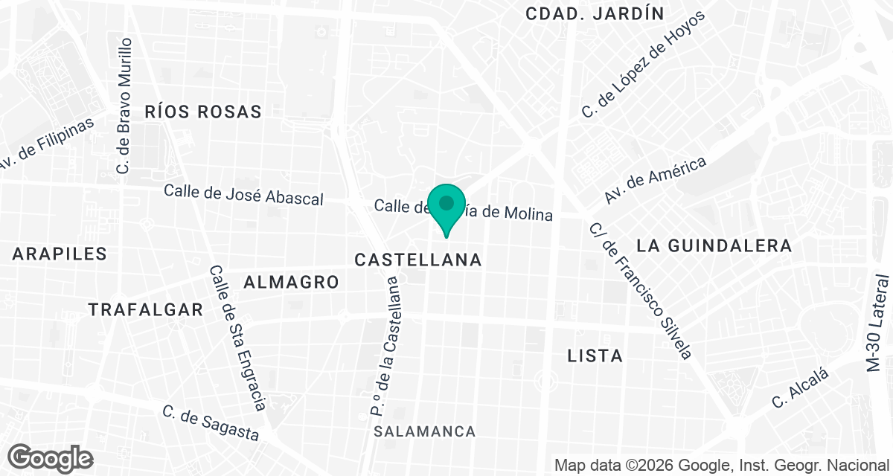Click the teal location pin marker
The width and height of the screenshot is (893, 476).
(x=446, y=206)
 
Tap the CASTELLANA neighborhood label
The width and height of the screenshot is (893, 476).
(x=418, y=260)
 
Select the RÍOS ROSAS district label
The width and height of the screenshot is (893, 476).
(x=203, y=112)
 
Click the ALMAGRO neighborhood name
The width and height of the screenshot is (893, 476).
(x=292, y=283)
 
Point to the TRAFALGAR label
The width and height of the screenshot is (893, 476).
(x=146, y=310)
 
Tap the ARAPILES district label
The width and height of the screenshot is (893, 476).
(x=60, y=254)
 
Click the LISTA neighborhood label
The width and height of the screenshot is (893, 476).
(x=595, y=356)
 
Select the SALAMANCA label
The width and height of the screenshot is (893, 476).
(x=425, y=432)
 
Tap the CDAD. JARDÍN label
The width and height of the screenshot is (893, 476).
(x=595, y=13)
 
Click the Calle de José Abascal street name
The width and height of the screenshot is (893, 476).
(x=244, y=195)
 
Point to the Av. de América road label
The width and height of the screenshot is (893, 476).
(x=655, y=180)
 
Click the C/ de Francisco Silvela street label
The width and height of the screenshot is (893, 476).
(x=641, y=290)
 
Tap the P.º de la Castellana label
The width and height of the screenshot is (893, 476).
(x=386, y=346)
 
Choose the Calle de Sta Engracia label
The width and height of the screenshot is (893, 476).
(x=237, y=338)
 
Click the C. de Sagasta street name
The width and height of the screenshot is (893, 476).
(x=211, y=423)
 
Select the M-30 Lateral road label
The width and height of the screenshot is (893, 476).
(x=878, y=324)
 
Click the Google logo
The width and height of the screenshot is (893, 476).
(x=50, y=458)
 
